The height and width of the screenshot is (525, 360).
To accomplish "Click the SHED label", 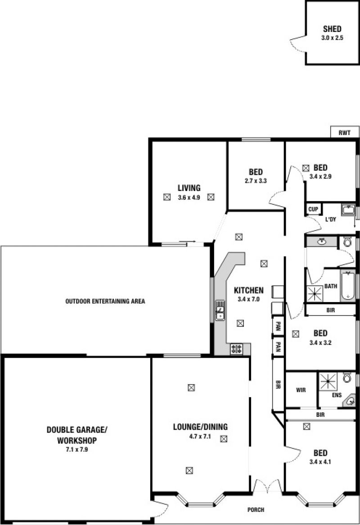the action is coord(332,29).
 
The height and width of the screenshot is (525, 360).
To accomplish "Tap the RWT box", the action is coord(345,132).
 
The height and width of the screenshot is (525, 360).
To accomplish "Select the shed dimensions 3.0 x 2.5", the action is coord(332,38).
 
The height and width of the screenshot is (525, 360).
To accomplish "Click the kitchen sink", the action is coord(220,310).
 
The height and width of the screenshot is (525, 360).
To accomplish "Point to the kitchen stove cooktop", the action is coord(236,349).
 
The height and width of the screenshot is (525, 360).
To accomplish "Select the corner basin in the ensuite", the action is coord(350,401).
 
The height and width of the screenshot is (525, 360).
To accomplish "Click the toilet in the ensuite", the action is coord(347,378).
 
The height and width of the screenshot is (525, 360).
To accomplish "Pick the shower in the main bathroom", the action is coord(315,294).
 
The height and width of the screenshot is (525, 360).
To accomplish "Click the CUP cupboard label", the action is coord(313,209).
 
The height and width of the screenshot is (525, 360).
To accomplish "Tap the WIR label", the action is coord(301,390).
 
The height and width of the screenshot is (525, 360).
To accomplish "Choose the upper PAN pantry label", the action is coord(278,326).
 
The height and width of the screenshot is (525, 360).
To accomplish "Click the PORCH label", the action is coord(256,510).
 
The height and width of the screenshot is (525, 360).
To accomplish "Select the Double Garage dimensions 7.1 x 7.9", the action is coord(77,450).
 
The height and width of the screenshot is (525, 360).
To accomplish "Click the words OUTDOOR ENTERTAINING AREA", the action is coord(105,301).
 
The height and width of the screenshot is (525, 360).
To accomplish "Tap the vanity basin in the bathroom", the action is coord(322,241).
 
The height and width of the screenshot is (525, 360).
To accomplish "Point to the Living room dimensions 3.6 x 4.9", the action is coord(189,198).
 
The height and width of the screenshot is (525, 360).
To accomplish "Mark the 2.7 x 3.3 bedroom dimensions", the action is coord(256,181).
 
